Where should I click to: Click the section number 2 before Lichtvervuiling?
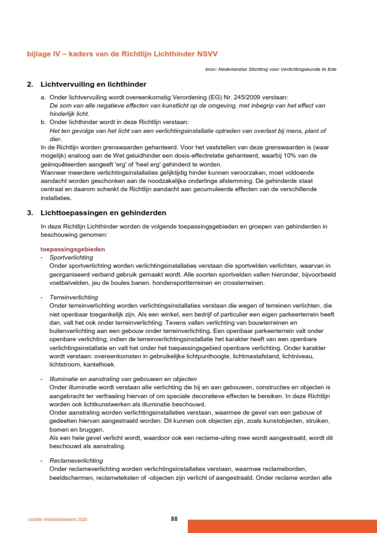click(30, 84)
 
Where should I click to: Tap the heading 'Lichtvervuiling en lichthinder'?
click(93, 84)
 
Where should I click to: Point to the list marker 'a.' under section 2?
click(43, 97)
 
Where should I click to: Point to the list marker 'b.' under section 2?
click(43, 122)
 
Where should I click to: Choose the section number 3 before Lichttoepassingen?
click(30, 213)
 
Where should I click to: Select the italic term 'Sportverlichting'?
click(71, 258)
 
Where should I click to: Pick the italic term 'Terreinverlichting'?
click(73, 297)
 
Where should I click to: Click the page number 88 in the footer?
click(174, 519)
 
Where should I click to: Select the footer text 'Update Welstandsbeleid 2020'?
click(58, 520)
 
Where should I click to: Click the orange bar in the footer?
click(282, 526)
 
